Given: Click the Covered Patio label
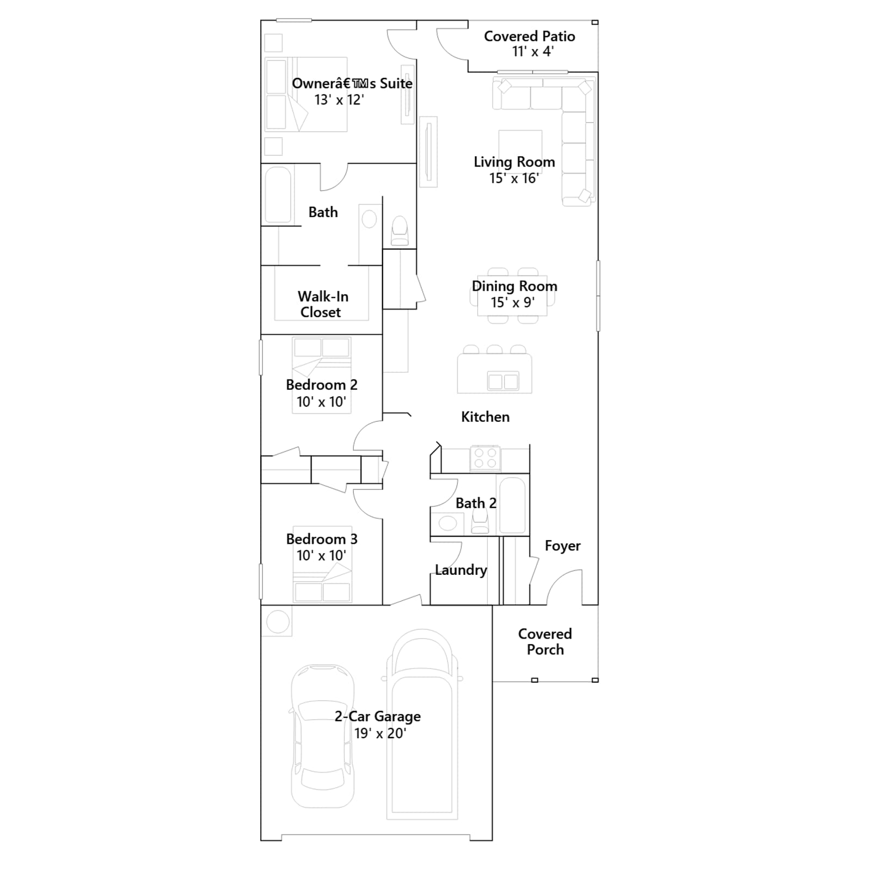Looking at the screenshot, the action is point(529,36).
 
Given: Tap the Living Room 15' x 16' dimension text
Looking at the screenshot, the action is point(514,178).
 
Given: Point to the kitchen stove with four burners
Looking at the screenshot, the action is point(486,458).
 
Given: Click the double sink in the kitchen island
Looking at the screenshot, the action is point(503,381).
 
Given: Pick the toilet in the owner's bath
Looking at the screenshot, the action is point(400,231).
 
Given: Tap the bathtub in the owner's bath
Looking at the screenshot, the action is point(278,194).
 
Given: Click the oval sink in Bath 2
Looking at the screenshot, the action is point(447,524).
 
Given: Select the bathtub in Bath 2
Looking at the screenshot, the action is point(512,505).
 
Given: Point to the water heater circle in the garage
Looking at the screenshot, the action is point(278,622).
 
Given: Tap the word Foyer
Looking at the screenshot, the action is point(562,546).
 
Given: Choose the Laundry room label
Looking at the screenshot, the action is point(461,570).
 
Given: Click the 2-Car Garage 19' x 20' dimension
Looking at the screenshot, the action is point(380,733).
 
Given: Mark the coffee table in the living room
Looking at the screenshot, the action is point(520,149).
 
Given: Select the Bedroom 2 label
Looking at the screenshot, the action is point(322,385).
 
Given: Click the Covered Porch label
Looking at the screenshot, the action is point(545,642).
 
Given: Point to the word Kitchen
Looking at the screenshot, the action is point(485,417).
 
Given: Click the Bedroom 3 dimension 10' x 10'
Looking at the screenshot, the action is point(321,555).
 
